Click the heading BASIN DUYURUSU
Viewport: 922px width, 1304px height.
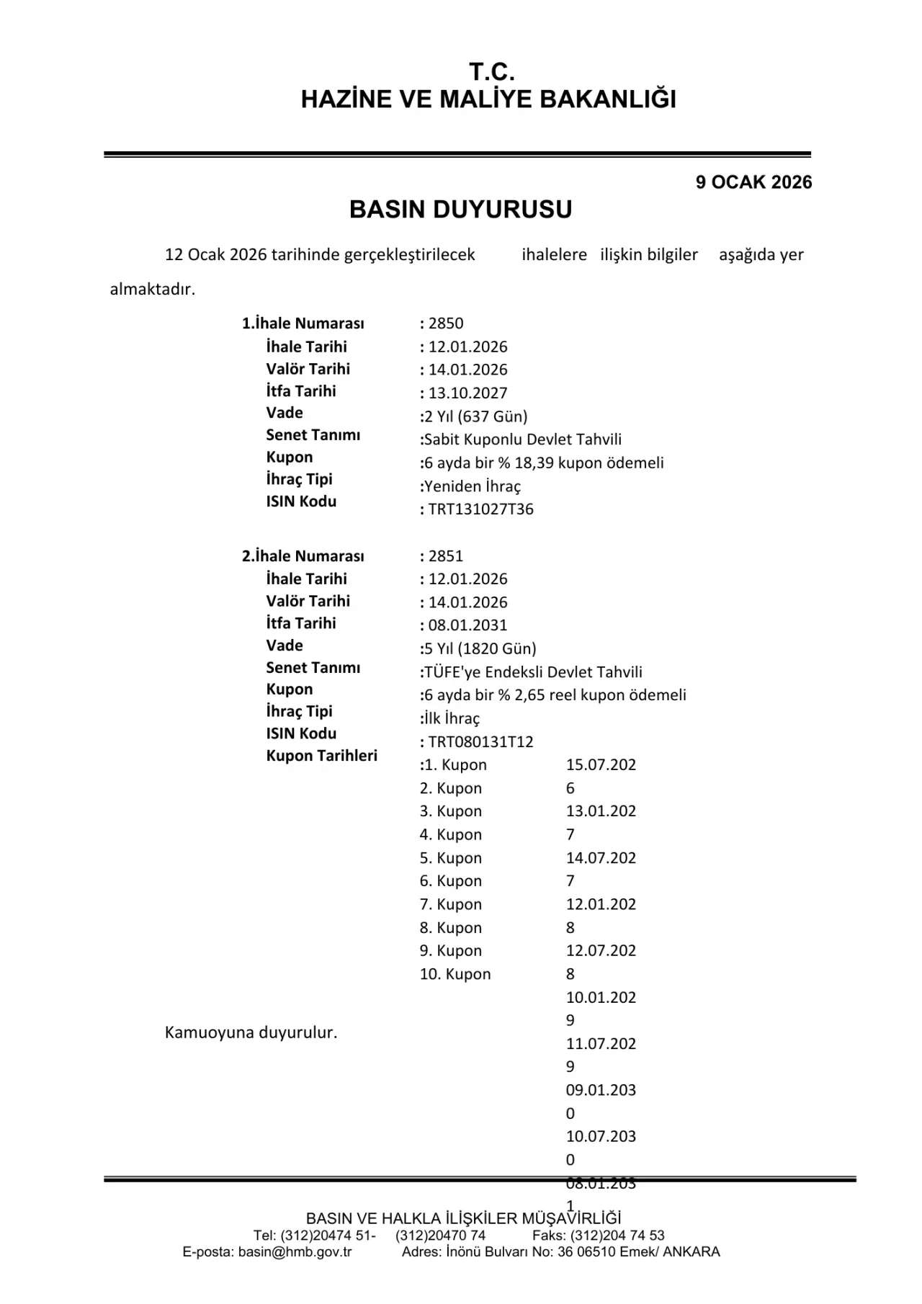460,210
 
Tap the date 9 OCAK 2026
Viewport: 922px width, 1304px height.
753,182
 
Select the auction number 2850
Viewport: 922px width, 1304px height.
446,323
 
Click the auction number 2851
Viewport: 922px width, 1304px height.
446,556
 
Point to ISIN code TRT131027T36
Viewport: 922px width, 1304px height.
480,509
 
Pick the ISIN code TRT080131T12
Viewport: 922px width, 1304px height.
480,742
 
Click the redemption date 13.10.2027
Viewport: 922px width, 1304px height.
467,393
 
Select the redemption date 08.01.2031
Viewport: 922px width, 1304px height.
467,625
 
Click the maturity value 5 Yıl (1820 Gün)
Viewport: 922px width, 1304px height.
480,648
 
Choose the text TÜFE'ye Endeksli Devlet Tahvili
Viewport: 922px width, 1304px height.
533,672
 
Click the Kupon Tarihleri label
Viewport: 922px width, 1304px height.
321,756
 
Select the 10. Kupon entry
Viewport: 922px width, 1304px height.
455,974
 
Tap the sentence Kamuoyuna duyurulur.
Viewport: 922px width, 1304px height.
251,1032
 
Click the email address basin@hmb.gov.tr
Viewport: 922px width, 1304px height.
295,1251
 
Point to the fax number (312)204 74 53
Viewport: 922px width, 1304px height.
617,1236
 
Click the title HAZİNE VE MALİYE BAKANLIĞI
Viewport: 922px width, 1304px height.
488,99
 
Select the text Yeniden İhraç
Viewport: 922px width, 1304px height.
472,486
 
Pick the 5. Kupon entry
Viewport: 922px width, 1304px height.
451,858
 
